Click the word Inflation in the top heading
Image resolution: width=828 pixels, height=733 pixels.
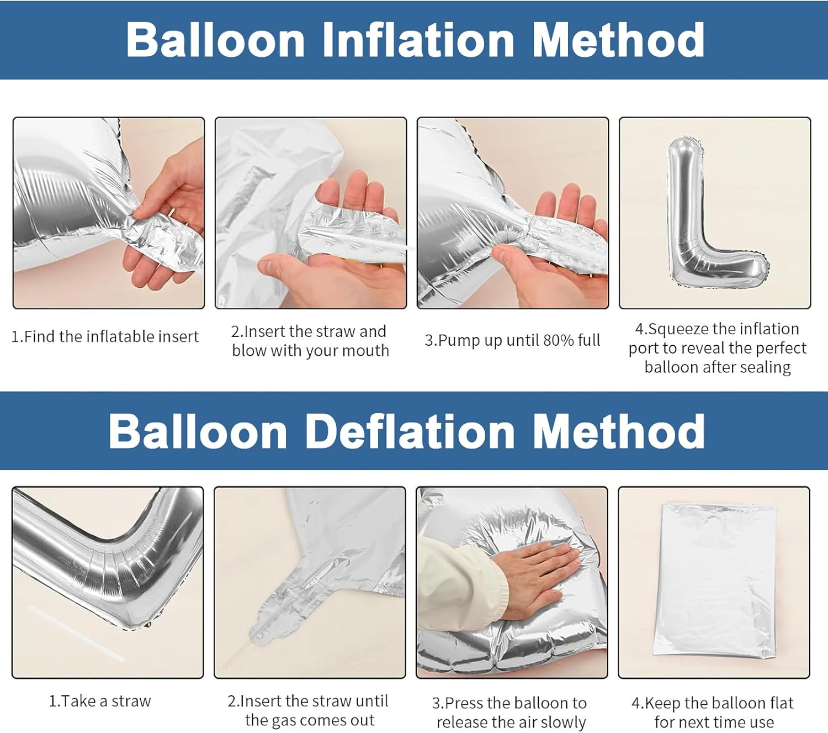point(418,40)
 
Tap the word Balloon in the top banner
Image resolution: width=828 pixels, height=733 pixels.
point(215,40)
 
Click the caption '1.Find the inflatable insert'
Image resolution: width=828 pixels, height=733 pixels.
point(105,336)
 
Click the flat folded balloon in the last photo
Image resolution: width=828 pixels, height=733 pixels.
point(715,581)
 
